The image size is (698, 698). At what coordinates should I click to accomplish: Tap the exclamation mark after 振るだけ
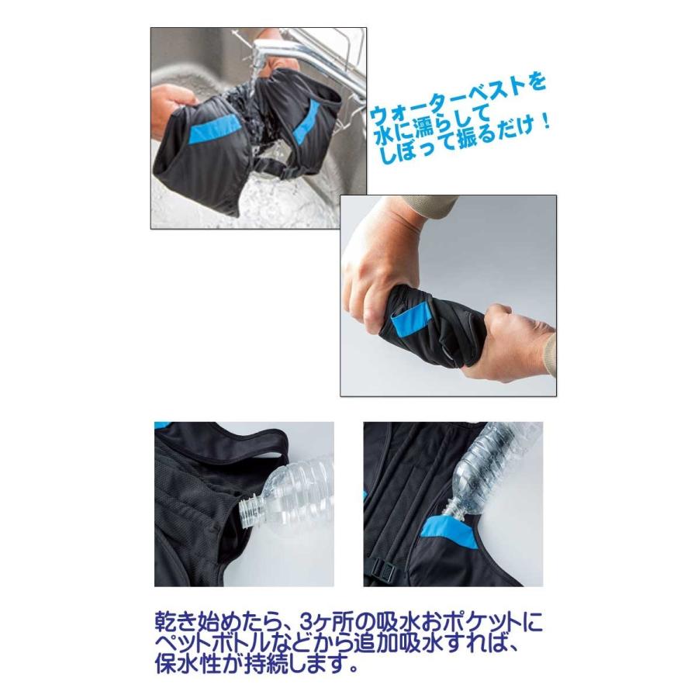545,123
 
